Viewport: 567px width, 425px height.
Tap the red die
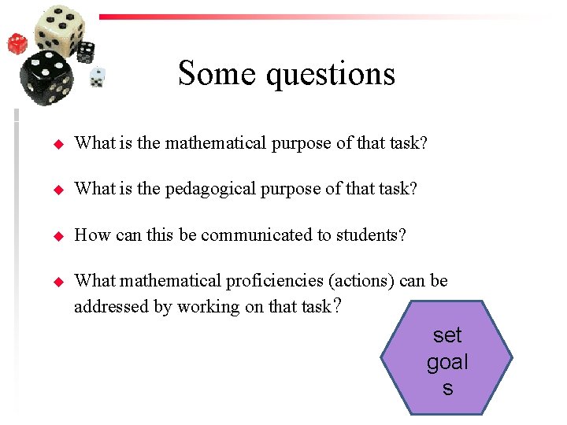coord(17,42)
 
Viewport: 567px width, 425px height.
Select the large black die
coord(46,79)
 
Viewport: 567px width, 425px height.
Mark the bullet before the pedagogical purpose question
coord(57,190)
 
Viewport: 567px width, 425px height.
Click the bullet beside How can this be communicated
coord(57,235)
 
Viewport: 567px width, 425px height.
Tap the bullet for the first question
coord(57,144)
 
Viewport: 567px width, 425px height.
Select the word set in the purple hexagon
coord(447,335)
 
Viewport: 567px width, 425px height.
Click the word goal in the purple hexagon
coord(447,362)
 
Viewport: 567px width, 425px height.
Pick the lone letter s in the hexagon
coord(447,388)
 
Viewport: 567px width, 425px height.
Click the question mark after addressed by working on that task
coord(337,305)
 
